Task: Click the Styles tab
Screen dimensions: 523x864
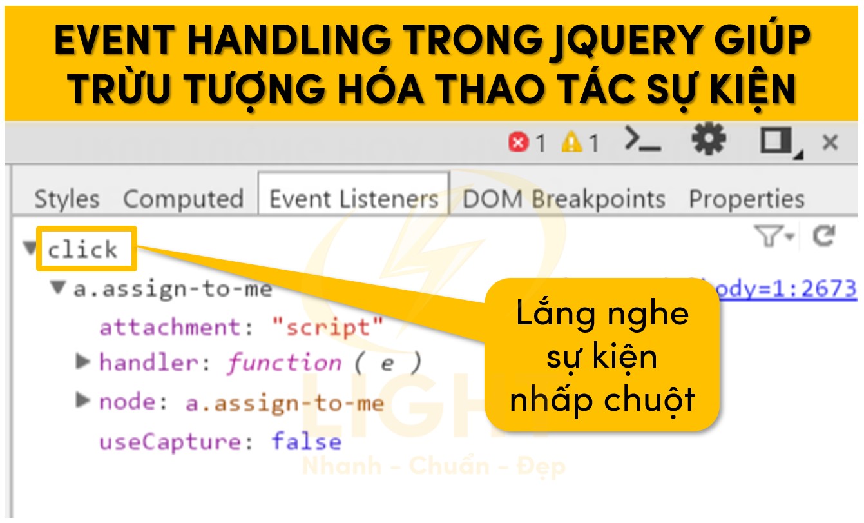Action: click(66, 199)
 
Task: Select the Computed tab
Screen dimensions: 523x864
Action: click(183, 199)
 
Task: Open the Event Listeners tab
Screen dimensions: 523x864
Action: click(353, 199)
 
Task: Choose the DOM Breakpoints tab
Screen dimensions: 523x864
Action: click(564, 199)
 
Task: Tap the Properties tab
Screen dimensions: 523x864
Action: click(746, 199)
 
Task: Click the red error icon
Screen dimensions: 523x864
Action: click(518, 143)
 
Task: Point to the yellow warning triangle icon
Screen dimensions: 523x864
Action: click(571, 142)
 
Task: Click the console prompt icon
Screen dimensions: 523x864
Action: click(642, 140)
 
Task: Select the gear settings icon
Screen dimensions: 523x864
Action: click(709, 139)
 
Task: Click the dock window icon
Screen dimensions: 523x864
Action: click(777, 141)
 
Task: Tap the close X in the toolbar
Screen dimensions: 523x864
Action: click(830, 142)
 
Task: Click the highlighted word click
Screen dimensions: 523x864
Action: click(82, 249)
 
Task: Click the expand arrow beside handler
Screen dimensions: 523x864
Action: click(82, 362)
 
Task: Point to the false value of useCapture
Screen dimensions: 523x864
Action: click(307, 442)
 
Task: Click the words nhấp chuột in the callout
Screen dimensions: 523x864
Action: click(602, 399)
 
